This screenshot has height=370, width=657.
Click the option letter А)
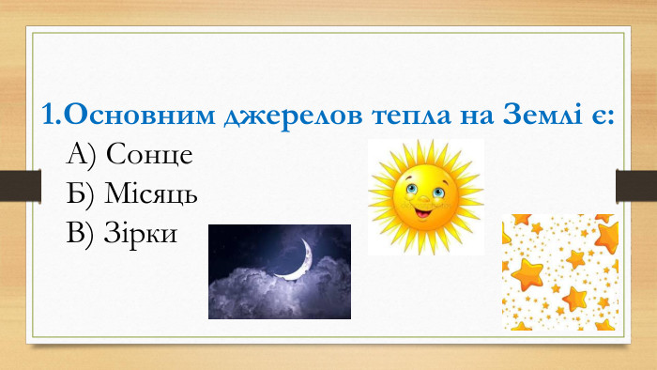coord(83,153)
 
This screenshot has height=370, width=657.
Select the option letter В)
coord(82,232)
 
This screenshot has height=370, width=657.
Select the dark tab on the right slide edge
coord(635,185)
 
